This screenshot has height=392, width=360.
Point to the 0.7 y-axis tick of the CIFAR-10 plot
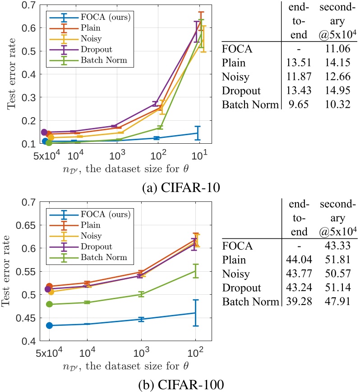coord(32,5)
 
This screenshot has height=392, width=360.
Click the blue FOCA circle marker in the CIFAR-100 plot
coord(49,325)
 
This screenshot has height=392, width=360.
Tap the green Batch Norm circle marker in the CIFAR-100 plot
coord(49,304)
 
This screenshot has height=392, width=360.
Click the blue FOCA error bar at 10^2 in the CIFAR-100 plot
coord(195,313)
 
